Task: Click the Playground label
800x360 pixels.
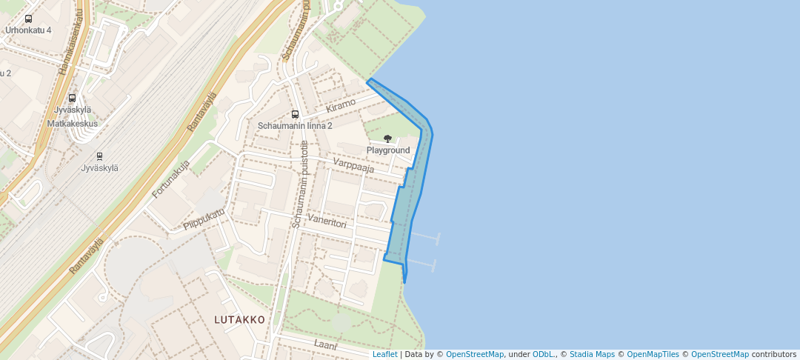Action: click(388, 150)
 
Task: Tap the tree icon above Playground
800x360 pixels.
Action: click(387, 139)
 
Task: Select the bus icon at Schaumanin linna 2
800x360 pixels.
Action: click(295, 114)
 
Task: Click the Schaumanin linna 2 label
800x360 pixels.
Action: click(295, 126)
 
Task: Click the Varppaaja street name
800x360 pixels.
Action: click(353, 165)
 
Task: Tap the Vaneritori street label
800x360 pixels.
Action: click(327, 220)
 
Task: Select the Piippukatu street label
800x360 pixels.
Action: click(204, 220)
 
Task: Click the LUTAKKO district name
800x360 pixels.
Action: click(239, 320)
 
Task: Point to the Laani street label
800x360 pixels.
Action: click(325, 345)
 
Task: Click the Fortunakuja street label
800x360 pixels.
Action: click(171, 179)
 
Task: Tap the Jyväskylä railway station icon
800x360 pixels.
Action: click(99, 156)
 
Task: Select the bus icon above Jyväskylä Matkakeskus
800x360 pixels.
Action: click(72, 98)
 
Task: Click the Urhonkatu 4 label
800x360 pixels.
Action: click(28, 30)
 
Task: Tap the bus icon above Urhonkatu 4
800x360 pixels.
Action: click(28, 19)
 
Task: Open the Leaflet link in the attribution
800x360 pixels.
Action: click(384, 354)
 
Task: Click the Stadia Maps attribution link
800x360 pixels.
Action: click(592, 354)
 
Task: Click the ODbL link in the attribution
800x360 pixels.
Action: click(544, 354)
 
